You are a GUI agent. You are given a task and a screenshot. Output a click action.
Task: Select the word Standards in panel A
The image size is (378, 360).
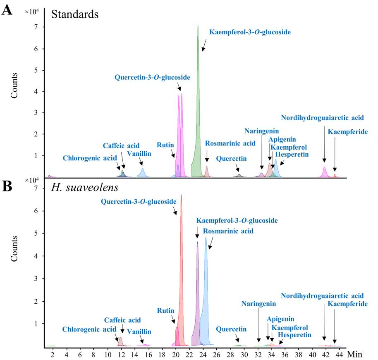point(74,14)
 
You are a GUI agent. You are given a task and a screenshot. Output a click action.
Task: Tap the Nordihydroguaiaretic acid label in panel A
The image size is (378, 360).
point(322,118)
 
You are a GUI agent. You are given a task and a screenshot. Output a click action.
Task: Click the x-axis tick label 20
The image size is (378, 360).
point(176,354)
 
